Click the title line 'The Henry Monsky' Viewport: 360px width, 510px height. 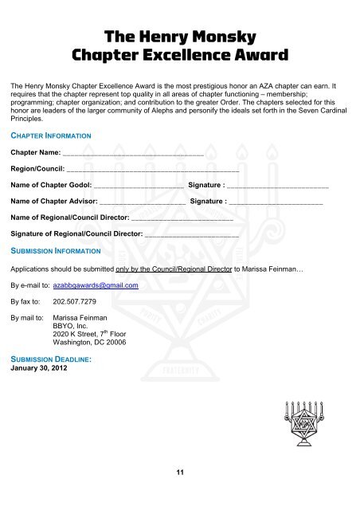(x=179, y=36)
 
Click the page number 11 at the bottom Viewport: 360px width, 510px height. (x=181, y=472)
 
